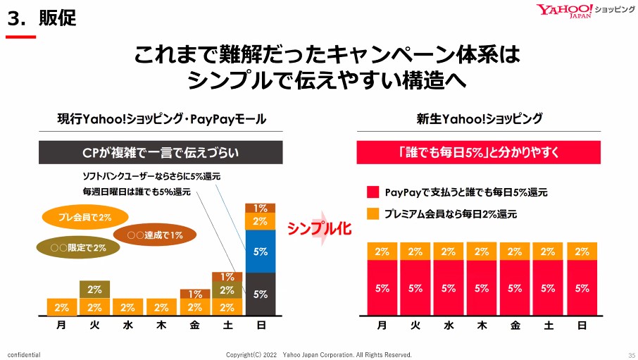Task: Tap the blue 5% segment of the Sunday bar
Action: pos(261,251)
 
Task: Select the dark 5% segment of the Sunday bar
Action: pos(261,294)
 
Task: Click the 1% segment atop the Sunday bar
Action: pos(261,208)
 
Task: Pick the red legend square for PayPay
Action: pos(373,192)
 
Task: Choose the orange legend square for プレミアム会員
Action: pos(373,213)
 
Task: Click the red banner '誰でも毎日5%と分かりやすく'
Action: pos(480,152)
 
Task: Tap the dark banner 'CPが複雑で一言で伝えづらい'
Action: pos(161,152)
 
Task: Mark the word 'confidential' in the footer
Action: pos(24,354)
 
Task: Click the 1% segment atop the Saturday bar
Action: pos(227,278)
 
